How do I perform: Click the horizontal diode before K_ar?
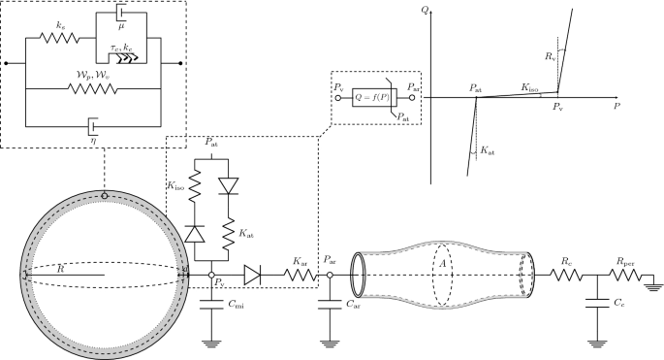(254, 276)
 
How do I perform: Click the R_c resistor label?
(563, 260)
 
